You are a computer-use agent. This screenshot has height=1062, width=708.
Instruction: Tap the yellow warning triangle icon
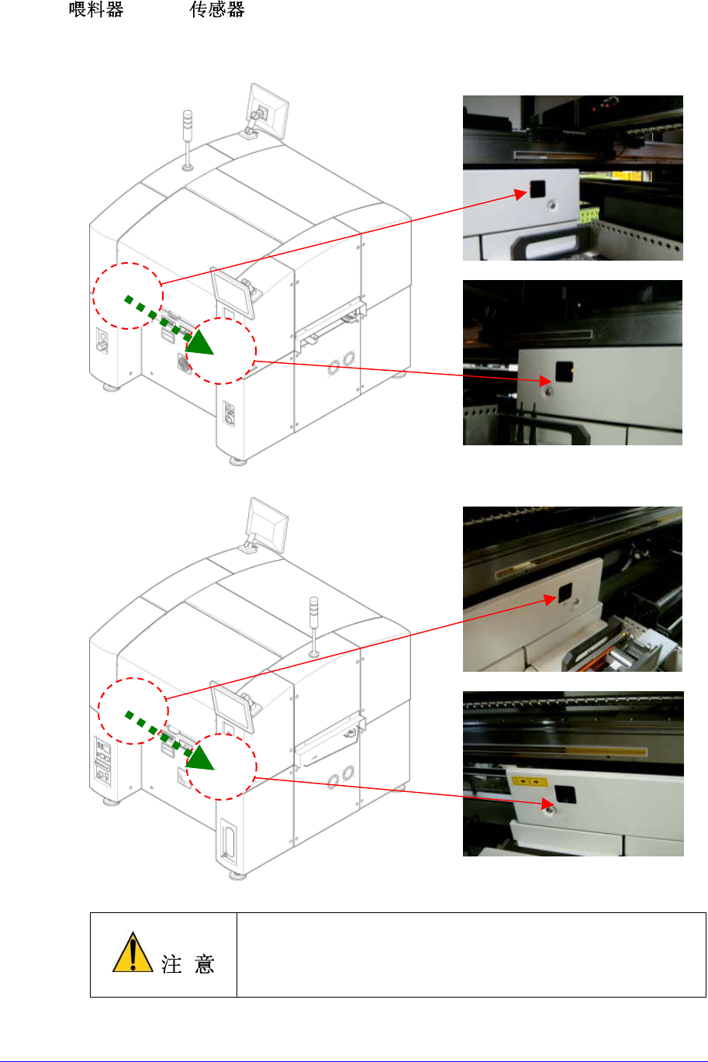pyautogui.click(x=133, y=953)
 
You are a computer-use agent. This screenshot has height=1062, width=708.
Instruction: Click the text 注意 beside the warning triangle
pyautogui.click(x=187, y=963)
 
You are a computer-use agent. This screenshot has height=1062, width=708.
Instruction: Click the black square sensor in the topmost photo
pyautogui.click(x=536, y=189)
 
